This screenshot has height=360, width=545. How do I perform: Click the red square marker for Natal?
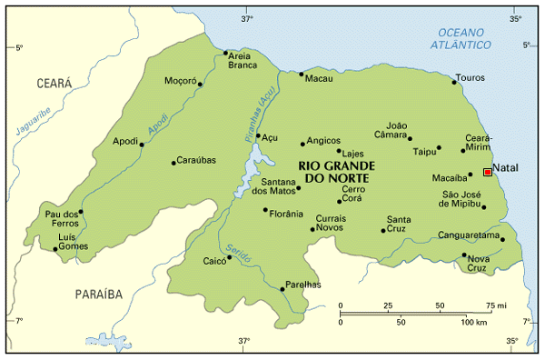(x=488, y=172)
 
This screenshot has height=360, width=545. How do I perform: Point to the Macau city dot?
(x=302, y=75)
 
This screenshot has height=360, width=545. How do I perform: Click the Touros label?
(x=471, y=77)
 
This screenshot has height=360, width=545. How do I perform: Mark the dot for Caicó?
(x=229, y=257)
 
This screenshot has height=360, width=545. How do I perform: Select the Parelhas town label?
(x=304, y=285)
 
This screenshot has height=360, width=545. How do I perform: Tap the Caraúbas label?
(x=196, y=160)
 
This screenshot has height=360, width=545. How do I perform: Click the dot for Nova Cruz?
(x=464, y=255)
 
